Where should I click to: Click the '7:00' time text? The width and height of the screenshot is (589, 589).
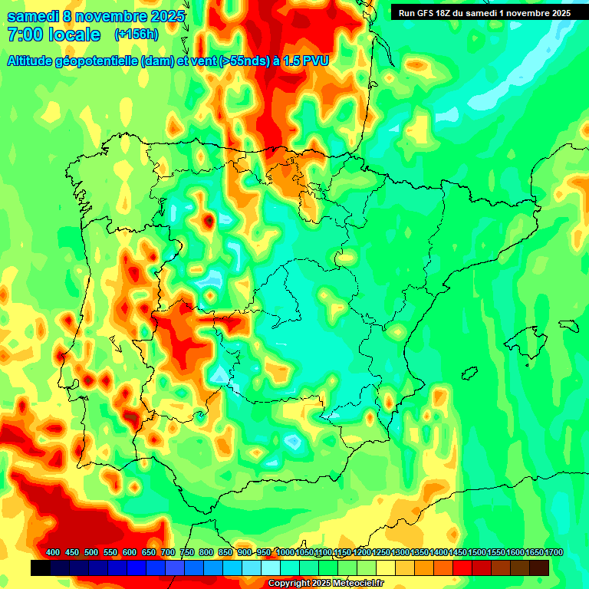click(25, 35)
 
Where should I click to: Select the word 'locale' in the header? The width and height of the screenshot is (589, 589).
click(75, 35)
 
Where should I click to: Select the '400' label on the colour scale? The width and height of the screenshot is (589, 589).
click(53, 552)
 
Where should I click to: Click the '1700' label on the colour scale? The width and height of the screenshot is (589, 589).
click(554, 552)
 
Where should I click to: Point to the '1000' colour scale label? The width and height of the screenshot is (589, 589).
click(285, 552)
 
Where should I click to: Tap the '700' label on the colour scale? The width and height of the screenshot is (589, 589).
click(168, 552)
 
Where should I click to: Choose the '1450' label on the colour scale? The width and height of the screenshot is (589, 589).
click(459, 552)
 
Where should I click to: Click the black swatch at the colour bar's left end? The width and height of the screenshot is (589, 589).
click(41, 568)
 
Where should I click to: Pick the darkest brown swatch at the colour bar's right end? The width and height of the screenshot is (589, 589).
click(539, 568)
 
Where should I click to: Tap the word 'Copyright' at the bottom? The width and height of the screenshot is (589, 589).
click(287, 584)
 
